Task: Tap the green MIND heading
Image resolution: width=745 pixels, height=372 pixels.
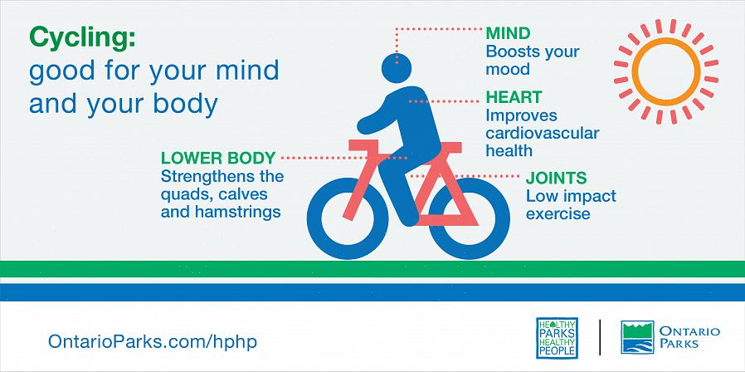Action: click(508, 33)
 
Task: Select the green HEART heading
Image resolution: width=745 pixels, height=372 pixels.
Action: click(514, 97)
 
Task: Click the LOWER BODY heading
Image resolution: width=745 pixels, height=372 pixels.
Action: click(218, 158)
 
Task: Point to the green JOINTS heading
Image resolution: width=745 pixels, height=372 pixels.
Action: click(556, 179)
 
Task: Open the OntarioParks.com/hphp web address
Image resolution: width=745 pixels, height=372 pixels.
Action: click(153, 341)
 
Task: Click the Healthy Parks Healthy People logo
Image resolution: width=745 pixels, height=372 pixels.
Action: click(557, 338)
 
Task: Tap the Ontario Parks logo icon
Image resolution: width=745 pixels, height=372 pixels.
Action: click(637, 337)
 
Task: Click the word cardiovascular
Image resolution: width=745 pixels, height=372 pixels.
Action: click(542, 133)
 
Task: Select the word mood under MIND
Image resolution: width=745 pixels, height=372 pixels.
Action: click(508, 70)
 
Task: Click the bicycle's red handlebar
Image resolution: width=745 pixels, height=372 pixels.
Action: click(363, 145)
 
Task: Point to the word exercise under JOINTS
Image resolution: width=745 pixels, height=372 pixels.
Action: click(558, 213)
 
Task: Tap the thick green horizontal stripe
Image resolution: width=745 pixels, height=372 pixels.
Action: click(372, 269)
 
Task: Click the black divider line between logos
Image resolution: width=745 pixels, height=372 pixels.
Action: click(600, 337)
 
